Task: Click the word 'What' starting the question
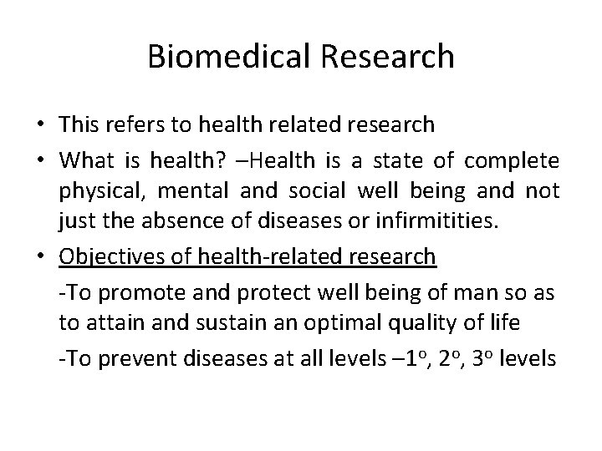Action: (x=85, y=159)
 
